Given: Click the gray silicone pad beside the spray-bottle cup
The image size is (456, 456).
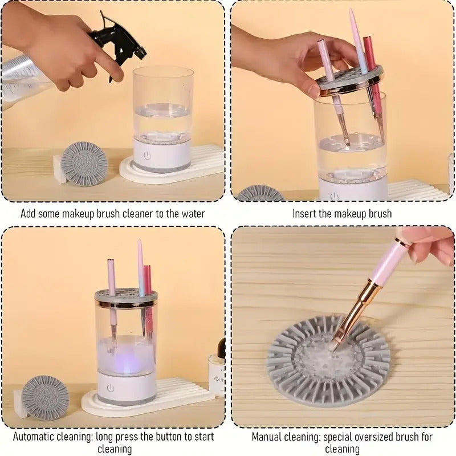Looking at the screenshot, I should coord(84,162).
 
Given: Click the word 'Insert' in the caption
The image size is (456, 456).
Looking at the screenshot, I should coord(304,214).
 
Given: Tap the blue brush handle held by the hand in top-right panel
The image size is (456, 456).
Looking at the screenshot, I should coord(357,46).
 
